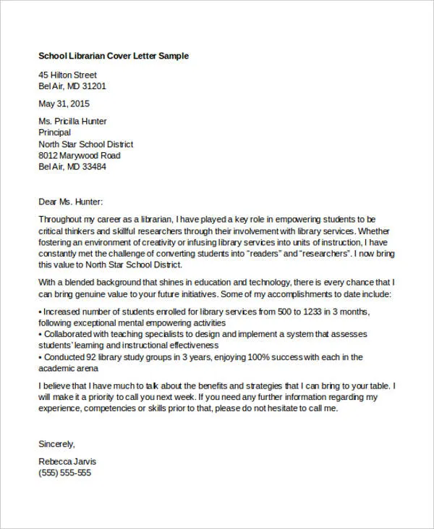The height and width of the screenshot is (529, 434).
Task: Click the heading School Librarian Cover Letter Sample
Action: [114, 57]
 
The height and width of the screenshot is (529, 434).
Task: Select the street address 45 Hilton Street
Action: [67, 75]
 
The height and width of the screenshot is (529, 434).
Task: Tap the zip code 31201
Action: [93, 86]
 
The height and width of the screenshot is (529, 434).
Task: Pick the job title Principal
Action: [54, 133]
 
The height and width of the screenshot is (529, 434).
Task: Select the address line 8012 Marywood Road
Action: [79, 155]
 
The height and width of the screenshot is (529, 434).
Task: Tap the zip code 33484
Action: [93, 167]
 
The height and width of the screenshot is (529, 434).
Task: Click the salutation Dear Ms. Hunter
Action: [70, 202]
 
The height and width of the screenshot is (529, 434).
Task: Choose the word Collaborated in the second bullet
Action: [71, 335]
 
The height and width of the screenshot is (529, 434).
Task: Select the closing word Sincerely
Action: [56, 443]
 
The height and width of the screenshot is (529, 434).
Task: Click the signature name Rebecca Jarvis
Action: [67, 462]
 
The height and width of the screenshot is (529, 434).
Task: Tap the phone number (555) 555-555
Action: [64, 472]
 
